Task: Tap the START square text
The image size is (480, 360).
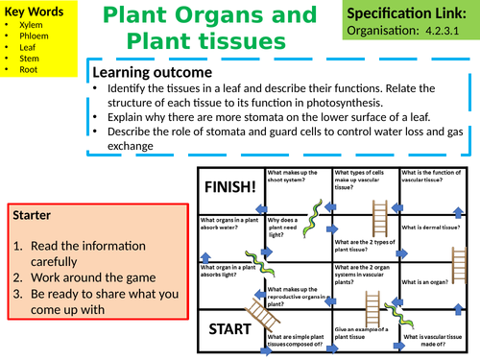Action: tap(229, 329)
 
